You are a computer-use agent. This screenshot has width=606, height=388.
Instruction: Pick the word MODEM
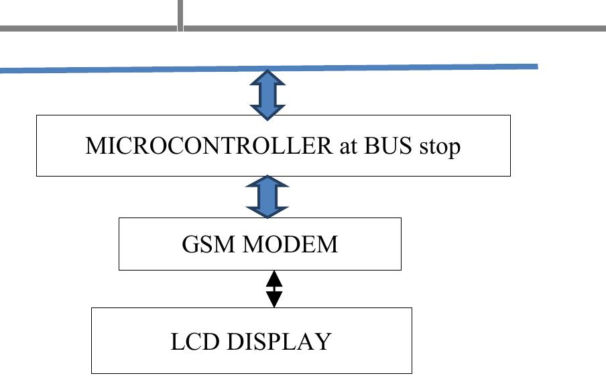[x=290, y=244]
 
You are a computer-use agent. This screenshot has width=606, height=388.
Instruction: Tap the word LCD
[x=195, y=342]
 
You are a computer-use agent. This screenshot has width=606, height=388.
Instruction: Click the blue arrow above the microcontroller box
[x=267, y=94]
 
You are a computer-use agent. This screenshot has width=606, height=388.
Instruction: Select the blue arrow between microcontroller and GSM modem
[x=267, y=197]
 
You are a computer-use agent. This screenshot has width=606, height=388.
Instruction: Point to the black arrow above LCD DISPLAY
[x=274, y=289]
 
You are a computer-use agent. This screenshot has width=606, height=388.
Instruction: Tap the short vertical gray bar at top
[x=180, y=15]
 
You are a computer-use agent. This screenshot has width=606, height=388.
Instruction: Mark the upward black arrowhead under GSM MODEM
[x=274, y=278]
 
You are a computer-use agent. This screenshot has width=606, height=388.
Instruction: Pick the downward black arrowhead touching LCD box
[x=274, y=299]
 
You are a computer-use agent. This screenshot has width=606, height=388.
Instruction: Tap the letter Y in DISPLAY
[x=324, y=342]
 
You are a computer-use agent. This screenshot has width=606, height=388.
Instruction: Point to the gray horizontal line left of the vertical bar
[x=87, y=28]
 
